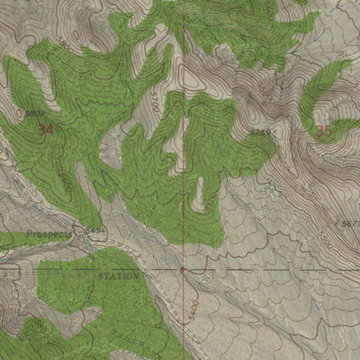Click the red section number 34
click(x=46, y=129)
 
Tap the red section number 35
click(x=324, y=129)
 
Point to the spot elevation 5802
click(x=34, y=112)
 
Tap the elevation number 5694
click(x=96, y=231)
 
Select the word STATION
click(x=119, y=276)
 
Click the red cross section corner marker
click(x=182, y=268)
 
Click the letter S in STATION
click(x=100, y=276)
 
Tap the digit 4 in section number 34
click(x=50, y=129)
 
